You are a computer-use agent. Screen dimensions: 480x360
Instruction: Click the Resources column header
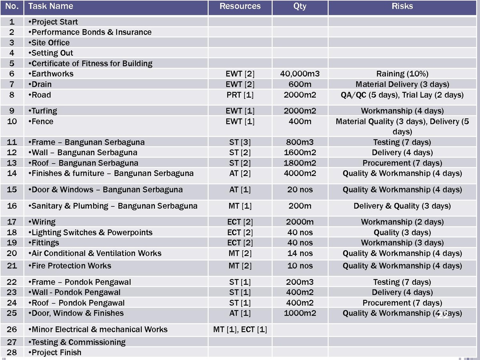[240, 6]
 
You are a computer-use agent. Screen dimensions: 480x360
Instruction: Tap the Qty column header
[300, 6]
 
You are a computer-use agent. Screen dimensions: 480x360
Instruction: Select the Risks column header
[402, 6]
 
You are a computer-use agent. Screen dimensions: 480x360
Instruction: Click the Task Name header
[51, 6]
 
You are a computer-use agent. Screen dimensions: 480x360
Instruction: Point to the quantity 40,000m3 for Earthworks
[300, 74]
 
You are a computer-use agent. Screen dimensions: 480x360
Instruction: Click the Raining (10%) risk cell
[402, 74]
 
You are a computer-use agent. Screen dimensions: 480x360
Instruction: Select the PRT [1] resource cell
[240, 95]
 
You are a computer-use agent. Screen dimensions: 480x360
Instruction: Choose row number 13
[12, 163]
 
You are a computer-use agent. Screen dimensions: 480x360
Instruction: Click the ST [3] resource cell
[240, 142]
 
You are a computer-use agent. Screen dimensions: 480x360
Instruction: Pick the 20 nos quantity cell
[300, 190]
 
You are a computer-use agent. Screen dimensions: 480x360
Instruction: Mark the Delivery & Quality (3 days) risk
[402, 206]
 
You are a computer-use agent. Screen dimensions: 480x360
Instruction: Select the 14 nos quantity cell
[300, 253]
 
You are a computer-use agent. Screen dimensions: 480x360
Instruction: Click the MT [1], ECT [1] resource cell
[240, 330]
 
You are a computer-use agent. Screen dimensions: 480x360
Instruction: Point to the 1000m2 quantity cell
[300, 313]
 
